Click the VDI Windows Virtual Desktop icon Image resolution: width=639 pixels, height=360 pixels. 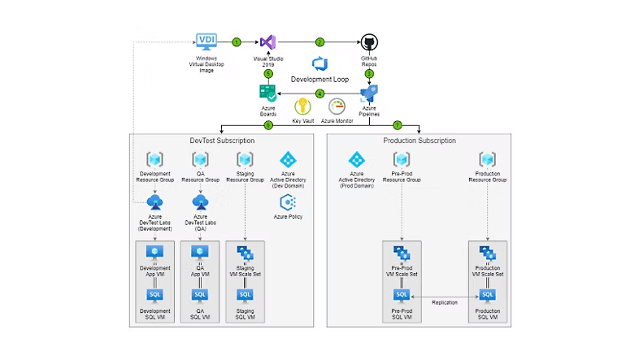click(206, 41)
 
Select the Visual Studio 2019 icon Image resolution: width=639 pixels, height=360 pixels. click(268, 43)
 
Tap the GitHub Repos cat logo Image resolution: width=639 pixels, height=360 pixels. click(369, 42)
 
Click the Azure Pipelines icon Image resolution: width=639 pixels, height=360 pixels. click(369, 92)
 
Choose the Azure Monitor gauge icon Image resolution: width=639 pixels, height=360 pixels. click(337, 106)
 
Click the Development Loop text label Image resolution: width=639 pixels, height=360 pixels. click(319, 80)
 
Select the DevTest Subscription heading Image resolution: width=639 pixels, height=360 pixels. click(222, 141)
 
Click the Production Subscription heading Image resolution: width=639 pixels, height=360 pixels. click(419, 141)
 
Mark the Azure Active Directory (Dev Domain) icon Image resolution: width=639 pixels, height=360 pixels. click(289, 159)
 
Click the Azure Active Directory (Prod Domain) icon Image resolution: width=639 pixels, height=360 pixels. click(357, 160)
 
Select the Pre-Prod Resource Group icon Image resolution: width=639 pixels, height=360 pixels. click(401, 160)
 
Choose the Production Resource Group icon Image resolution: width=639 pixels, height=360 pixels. click(487, 160)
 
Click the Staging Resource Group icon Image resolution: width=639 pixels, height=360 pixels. click(245, 160)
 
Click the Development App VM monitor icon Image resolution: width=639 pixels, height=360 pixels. click(154, 254)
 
